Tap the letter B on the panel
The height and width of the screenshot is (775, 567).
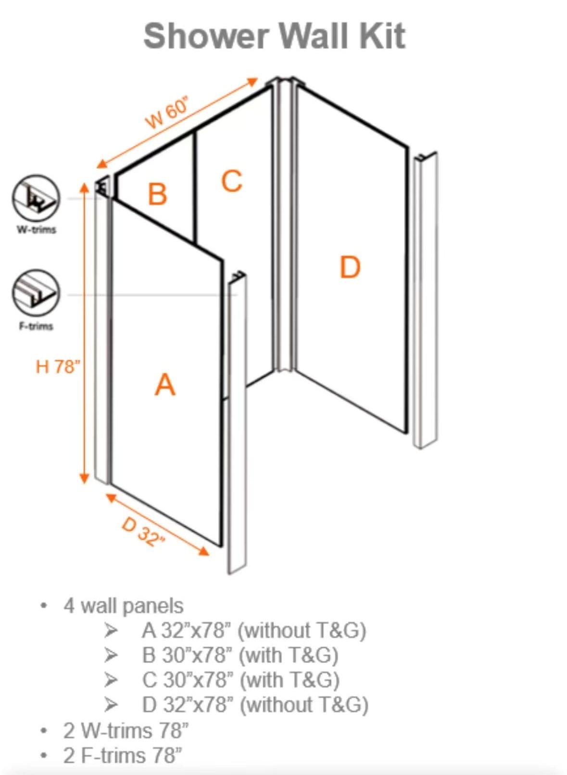[157, 194]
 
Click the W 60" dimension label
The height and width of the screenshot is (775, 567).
[168, 113]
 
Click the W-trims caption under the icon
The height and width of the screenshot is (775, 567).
[37, 230]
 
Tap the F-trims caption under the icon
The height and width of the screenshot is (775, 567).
[37, 326]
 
